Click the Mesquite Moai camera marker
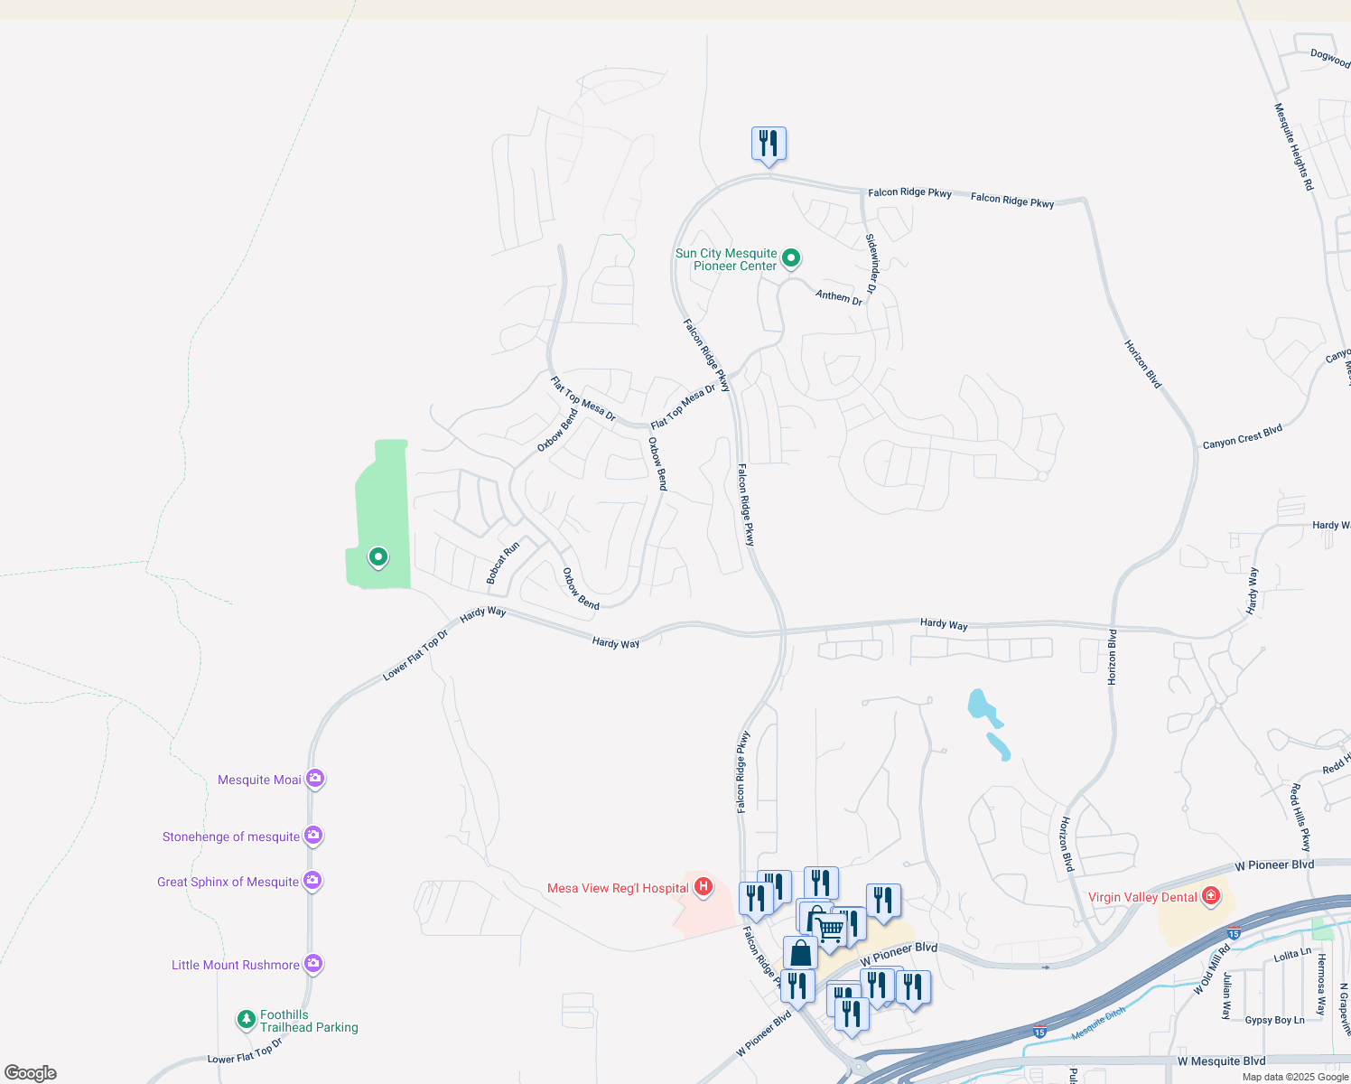point(314,778)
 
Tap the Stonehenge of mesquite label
point(230,837)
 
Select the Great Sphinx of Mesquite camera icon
point(312,880)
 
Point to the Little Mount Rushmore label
point(235,966)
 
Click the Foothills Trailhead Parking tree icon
point(246,1020)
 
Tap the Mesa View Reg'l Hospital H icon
point(703,887)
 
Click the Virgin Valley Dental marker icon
point(1211,896)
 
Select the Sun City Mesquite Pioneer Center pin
point(791,258)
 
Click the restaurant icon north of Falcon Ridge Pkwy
point(769,145)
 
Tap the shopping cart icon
point(830,930)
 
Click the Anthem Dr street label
point(839,296)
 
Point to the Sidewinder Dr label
point(871,264)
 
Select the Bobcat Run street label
point(503,563)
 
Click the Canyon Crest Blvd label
point(1242,437)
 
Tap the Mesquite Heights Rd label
point(1293,146)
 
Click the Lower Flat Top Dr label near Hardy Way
point(415,655)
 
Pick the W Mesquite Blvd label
point(1221,1061)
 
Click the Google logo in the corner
point(31,1073)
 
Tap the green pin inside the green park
point(378,557)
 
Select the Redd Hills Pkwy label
point(1300,818)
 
